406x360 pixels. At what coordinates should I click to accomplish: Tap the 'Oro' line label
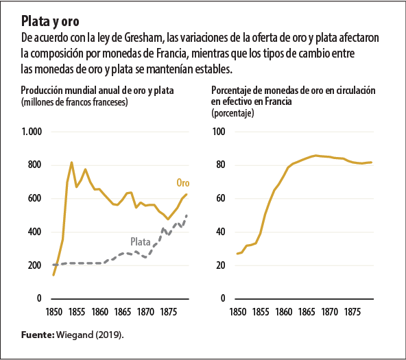coord(182,183)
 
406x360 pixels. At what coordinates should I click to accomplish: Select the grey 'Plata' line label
coord(141,241)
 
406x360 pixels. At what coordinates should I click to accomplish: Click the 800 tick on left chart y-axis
coord(34,165)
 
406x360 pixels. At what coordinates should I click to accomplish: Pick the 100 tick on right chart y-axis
coord(219,132)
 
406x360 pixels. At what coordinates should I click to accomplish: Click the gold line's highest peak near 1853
coord(71,163)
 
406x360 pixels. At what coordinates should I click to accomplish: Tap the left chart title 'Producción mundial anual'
coord(97,91)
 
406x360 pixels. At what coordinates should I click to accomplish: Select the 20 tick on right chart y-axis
coord(222,266)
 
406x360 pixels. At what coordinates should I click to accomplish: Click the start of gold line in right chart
coord(237,254)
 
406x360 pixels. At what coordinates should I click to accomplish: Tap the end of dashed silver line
coord(187,216)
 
